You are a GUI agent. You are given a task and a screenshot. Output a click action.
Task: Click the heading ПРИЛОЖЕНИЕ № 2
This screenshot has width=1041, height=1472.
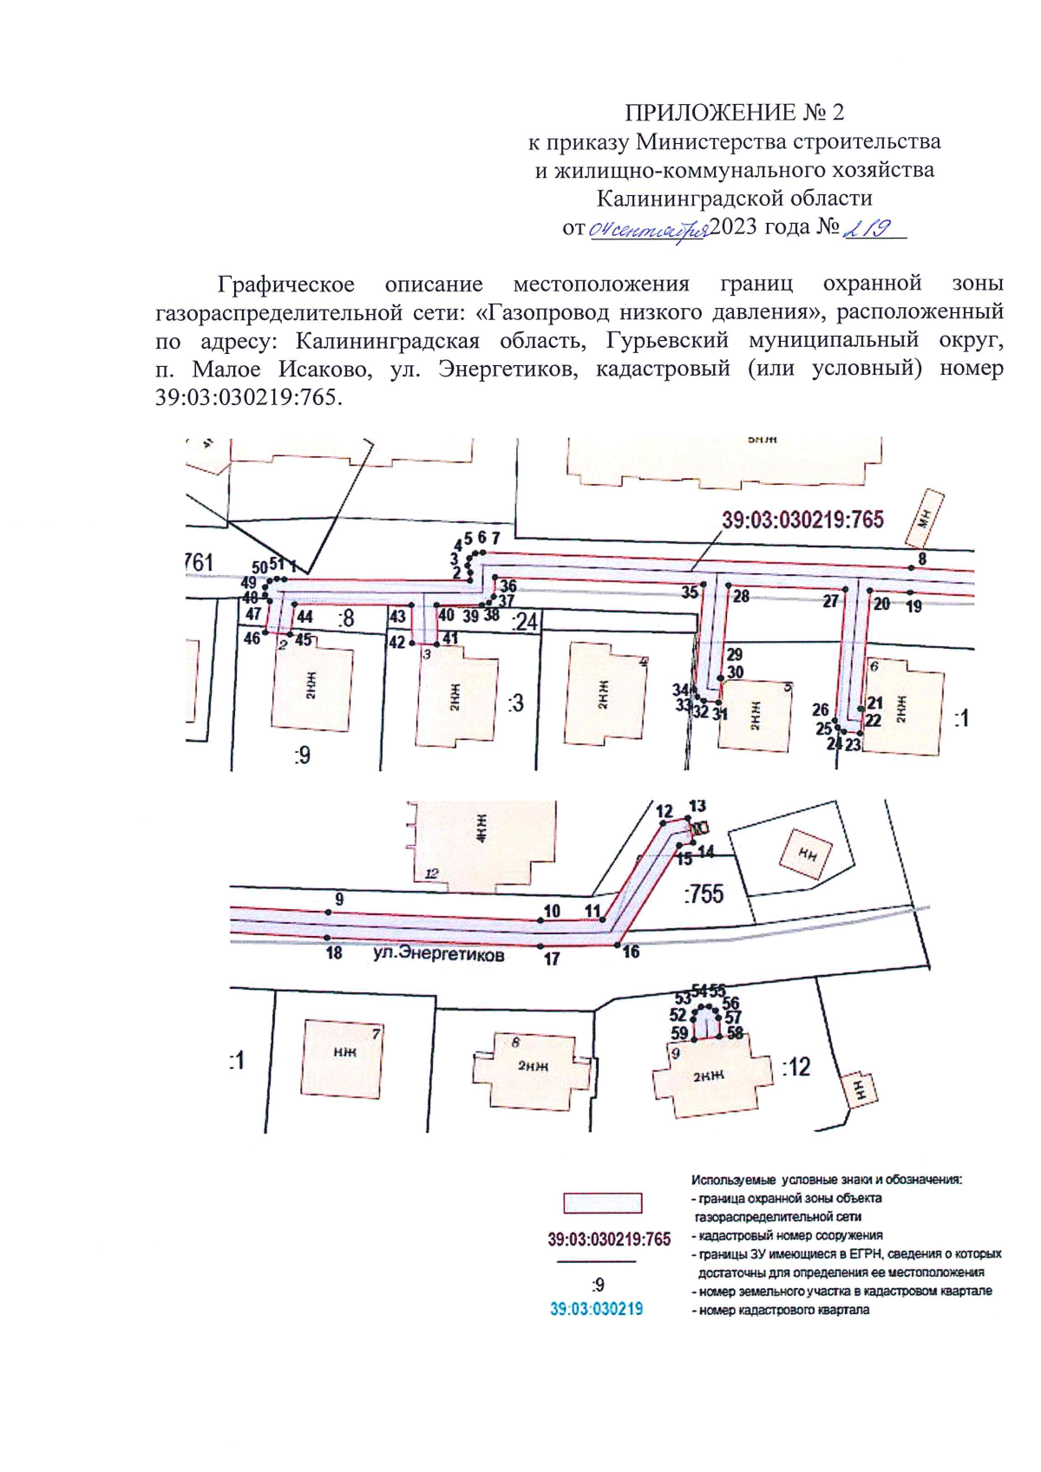click(x=734, y=113)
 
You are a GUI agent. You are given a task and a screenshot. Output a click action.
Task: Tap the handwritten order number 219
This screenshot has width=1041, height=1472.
click(x=867, y=228)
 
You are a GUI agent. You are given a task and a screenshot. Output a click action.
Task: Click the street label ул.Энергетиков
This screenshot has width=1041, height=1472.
click(x=438, y=954)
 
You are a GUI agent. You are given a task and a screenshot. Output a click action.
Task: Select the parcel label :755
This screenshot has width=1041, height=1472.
click(x=703, y=893)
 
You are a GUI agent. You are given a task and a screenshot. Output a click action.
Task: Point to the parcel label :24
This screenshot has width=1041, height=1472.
click(x=525, y=622)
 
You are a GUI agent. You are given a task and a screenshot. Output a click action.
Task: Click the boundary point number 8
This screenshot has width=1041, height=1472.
click(x=922, y=559)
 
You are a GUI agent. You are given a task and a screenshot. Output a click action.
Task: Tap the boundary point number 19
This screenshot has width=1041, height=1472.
click(x=913, y=606)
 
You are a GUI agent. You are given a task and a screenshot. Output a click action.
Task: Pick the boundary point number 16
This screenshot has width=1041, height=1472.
click(x=631, y=952)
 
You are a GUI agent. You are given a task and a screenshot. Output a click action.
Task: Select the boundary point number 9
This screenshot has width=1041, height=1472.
click(x=339, y=900)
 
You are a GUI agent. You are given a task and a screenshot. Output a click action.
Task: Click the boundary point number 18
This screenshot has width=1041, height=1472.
click(x=334, y=952)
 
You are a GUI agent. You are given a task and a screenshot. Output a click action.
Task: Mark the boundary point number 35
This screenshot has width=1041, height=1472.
click(x=690, y=592)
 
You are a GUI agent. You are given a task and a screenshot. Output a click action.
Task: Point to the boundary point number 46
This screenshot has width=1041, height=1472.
click(x=252, y=638)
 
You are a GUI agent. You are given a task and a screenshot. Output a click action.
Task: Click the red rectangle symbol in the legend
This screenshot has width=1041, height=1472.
click(x=603, y=1203)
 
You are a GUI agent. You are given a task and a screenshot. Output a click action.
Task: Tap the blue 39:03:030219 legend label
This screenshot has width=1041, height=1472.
click(x=597, y=1309)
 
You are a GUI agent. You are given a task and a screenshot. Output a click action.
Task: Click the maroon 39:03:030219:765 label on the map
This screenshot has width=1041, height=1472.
click(x=802, y=520)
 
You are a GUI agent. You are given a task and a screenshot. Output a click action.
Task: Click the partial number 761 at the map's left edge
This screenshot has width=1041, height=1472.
click(x=199, y=563)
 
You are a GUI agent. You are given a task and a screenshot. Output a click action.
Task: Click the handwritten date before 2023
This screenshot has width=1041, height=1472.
click(x=649, y=230)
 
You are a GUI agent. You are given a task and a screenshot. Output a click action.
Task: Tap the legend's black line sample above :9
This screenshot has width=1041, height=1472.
click(x=596, y=1261)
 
